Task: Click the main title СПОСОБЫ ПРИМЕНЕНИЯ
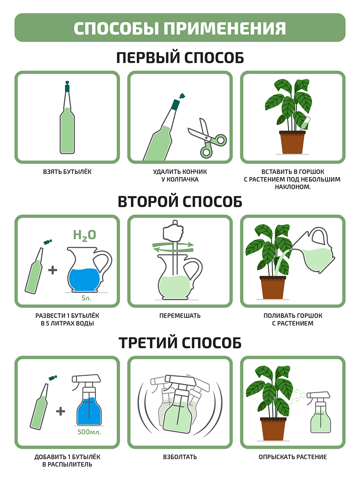click(180, 28)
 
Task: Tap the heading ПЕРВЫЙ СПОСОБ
click(180, 58)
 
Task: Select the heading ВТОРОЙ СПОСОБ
click(180, 202)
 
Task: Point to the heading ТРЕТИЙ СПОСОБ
click(180, 343)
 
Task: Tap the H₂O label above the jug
click(84, 235)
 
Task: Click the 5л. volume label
click(86, 298)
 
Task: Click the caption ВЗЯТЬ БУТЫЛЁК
click(67, 172)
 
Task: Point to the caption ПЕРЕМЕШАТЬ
click(180, 316)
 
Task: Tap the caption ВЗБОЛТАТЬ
click(180, 457)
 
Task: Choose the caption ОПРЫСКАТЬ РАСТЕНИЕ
click(292, 457)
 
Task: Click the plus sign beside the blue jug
click(53, 270)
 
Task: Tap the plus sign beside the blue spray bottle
click(60, 411)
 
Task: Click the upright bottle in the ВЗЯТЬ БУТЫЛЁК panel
click(67, 118)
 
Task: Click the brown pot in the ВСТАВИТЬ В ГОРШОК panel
click(292, 142)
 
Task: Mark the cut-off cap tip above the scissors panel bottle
click(182, 96)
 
